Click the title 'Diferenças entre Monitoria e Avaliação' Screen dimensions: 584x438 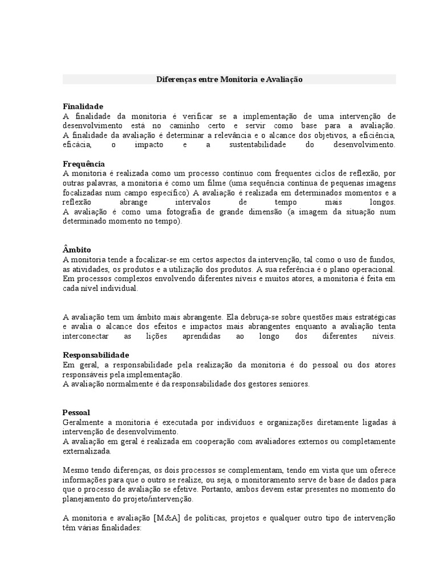coord(229,80)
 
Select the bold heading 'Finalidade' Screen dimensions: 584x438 coord(83,106)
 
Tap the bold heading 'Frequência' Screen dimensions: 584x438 coord(83,164)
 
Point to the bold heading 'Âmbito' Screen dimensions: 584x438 coord(76,250)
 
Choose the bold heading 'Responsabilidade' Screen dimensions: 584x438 coord(96,355)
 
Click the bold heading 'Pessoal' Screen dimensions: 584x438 coord(76,412)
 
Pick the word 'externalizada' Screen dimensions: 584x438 coord(87,451)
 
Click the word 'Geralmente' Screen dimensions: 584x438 coord(83,422)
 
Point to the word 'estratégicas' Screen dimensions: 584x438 coord(374,317)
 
